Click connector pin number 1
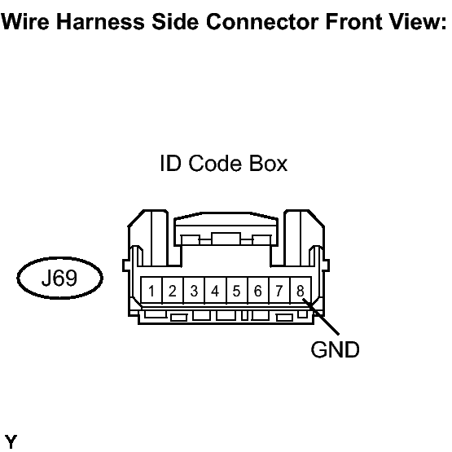coord(151,290)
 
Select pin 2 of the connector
coord(173,290)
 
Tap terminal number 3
coord(194,290)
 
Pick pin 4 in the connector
coord(215,290)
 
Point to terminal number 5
coord(237,290)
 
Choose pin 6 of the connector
coord(258,290)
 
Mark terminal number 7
coord(279,290)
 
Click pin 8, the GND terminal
coord(301,290)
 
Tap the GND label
coord(335,349)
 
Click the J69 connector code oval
coord(60,278)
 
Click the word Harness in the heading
coord(100,22)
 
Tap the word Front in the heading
coord(353,22)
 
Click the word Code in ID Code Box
coord(215,164)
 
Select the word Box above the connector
coord(268,164)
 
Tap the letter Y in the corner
coord(11,441)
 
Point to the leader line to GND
coord(321,317)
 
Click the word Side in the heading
coord(175,22)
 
